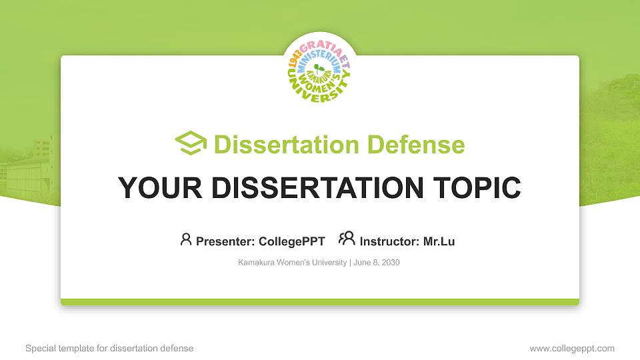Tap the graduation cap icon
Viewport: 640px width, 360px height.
pos(191,143)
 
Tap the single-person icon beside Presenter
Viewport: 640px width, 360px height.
pos(186,239)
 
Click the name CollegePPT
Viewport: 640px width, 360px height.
pos(291,241)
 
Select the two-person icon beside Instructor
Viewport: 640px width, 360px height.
pos(347,239)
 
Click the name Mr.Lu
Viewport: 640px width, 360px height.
pos(439,241)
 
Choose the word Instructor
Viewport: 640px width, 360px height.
pos(388,241)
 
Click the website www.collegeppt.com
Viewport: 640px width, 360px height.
pos(571,348)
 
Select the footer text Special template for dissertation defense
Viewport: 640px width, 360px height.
pos(109,348)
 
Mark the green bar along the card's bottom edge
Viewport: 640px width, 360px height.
pos(320,302)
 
